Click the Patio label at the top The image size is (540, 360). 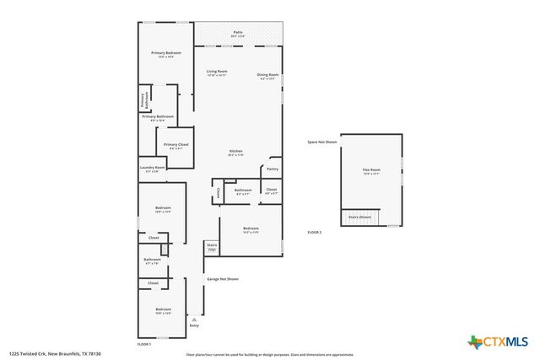238,33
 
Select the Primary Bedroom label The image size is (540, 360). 166,54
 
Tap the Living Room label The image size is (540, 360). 217,73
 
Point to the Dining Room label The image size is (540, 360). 268,76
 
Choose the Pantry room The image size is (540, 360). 272,169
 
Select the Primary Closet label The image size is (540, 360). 176,146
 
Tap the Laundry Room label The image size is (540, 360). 153,169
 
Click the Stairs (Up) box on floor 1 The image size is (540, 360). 212,248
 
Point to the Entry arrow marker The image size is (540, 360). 194,320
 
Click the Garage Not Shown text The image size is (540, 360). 223,279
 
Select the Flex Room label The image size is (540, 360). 371,171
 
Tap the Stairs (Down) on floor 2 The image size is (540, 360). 360,218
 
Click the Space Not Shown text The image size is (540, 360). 321,142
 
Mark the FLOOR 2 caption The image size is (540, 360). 314,232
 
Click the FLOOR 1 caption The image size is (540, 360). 144,345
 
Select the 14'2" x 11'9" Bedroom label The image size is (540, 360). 251,230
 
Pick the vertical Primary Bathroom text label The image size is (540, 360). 143,99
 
